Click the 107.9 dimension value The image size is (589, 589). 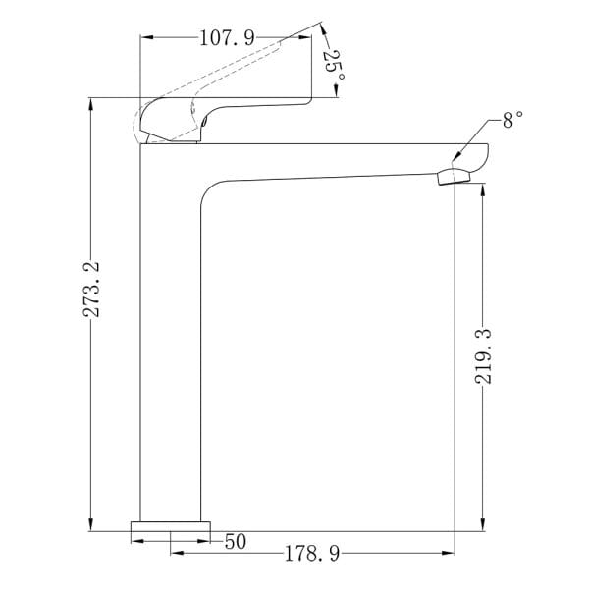227,38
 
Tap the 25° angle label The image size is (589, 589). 334,65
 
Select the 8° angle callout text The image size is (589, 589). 512,120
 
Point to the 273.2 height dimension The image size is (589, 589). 91,290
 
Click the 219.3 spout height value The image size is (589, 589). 483,356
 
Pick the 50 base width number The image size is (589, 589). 236,541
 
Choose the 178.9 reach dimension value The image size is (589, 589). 312,554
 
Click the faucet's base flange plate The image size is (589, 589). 170,526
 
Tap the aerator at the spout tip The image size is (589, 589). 455,177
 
